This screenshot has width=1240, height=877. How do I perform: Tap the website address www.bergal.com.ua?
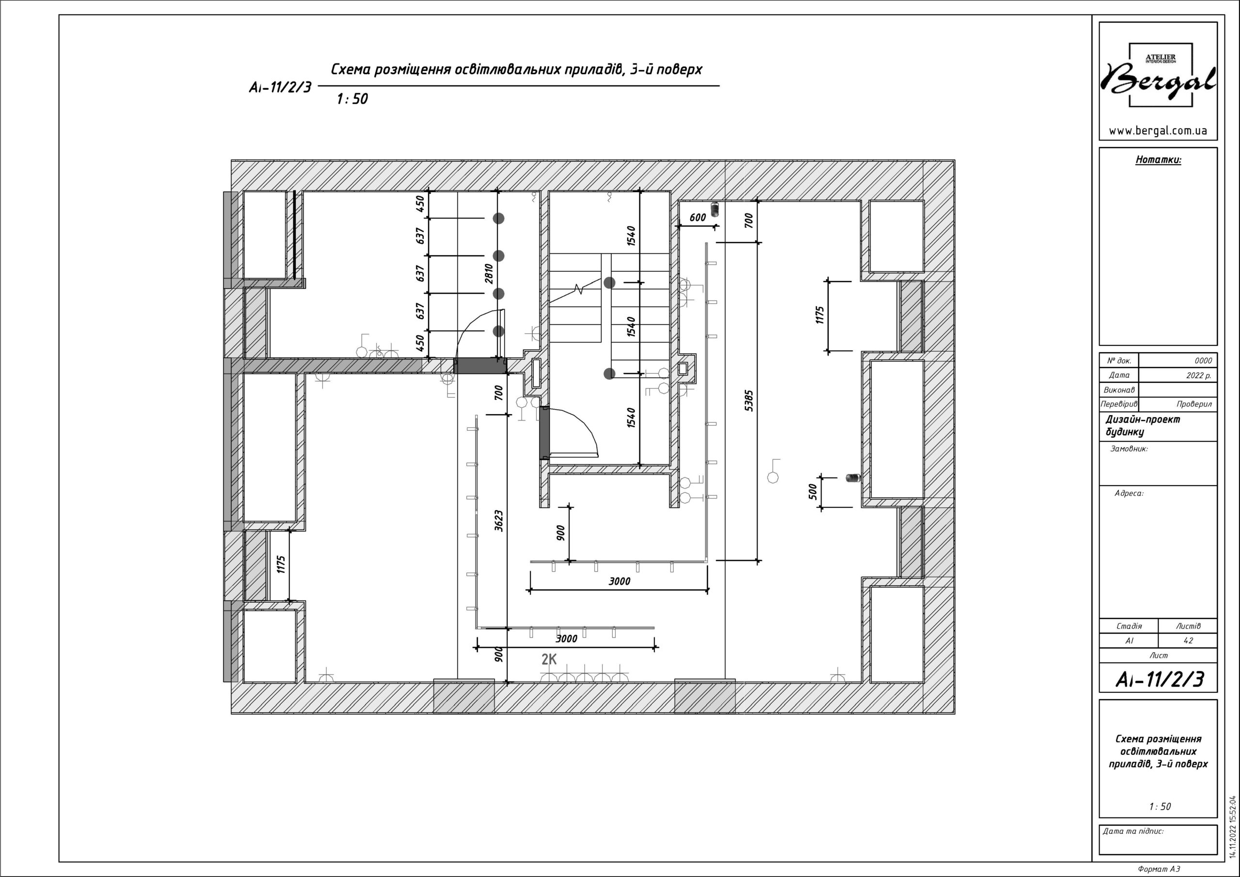click(1158, 131)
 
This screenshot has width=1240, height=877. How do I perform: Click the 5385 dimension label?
click(748, 400)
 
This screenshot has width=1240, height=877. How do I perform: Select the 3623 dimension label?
click(498, 520)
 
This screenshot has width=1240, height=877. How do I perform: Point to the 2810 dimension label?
click(489, 273)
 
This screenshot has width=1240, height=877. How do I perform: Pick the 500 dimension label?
click(813, 491)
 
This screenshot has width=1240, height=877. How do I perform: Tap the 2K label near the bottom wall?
click(549, 659)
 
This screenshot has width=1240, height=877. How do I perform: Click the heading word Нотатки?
click(1158, 159)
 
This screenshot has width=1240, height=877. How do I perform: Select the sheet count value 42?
click(1188, 641)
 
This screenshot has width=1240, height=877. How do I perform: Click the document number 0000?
click(1203, 361)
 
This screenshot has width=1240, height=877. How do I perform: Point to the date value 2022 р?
click(1198, 376)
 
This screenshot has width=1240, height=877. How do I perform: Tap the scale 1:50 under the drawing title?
click(352, 99)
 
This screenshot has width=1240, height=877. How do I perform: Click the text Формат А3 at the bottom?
click(1159, 869)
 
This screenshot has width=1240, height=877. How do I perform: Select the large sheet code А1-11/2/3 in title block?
click(1160, 679)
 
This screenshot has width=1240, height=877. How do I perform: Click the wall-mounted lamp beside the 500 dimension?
click(853, 478)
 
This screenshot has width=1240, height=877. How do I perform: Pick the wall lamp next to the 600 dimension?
click(714, 209)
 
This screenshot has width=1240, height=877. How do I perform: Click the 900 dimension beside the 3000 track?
click(560, 533)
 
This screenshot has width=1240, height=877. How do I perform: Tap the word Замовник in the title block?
click(1129, 449)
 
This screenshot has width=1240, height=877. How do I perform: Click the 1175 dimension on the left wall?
click(280, 564)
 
